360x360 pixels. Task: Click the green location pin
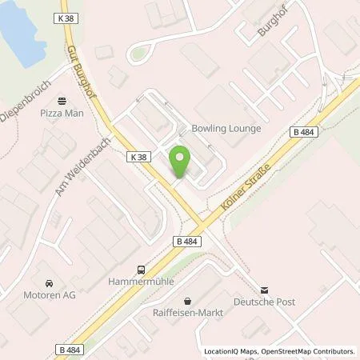point(180,162)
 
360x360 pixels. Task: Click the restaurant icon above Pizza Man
point(62,101)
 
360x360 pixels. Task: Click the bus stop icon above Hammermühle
point(141,270)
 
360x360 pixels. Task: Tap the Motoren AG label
point(45,295)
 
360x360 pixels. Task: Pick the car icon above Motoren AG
point(50,283)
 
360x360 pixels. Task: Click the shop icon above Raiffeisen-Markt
point(187,302)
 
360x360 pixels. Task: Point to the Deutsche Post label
point(265,302)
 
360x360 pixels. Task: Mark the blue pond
point(22,32)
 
